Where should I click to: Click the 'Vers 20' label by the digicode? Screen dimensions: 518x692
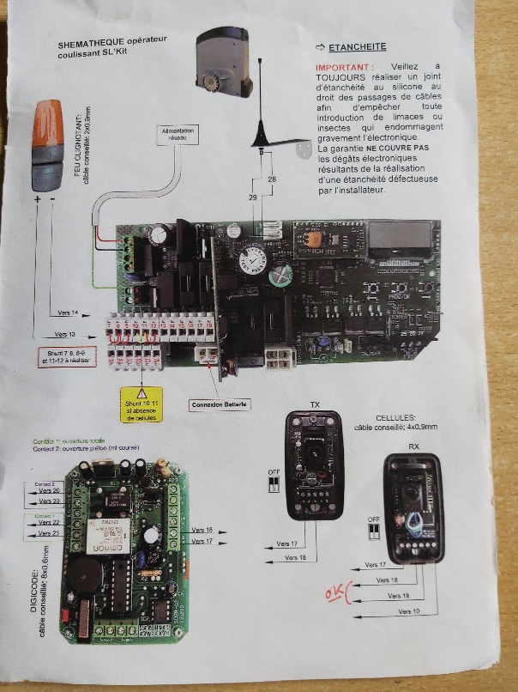[x=51, y=491]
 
